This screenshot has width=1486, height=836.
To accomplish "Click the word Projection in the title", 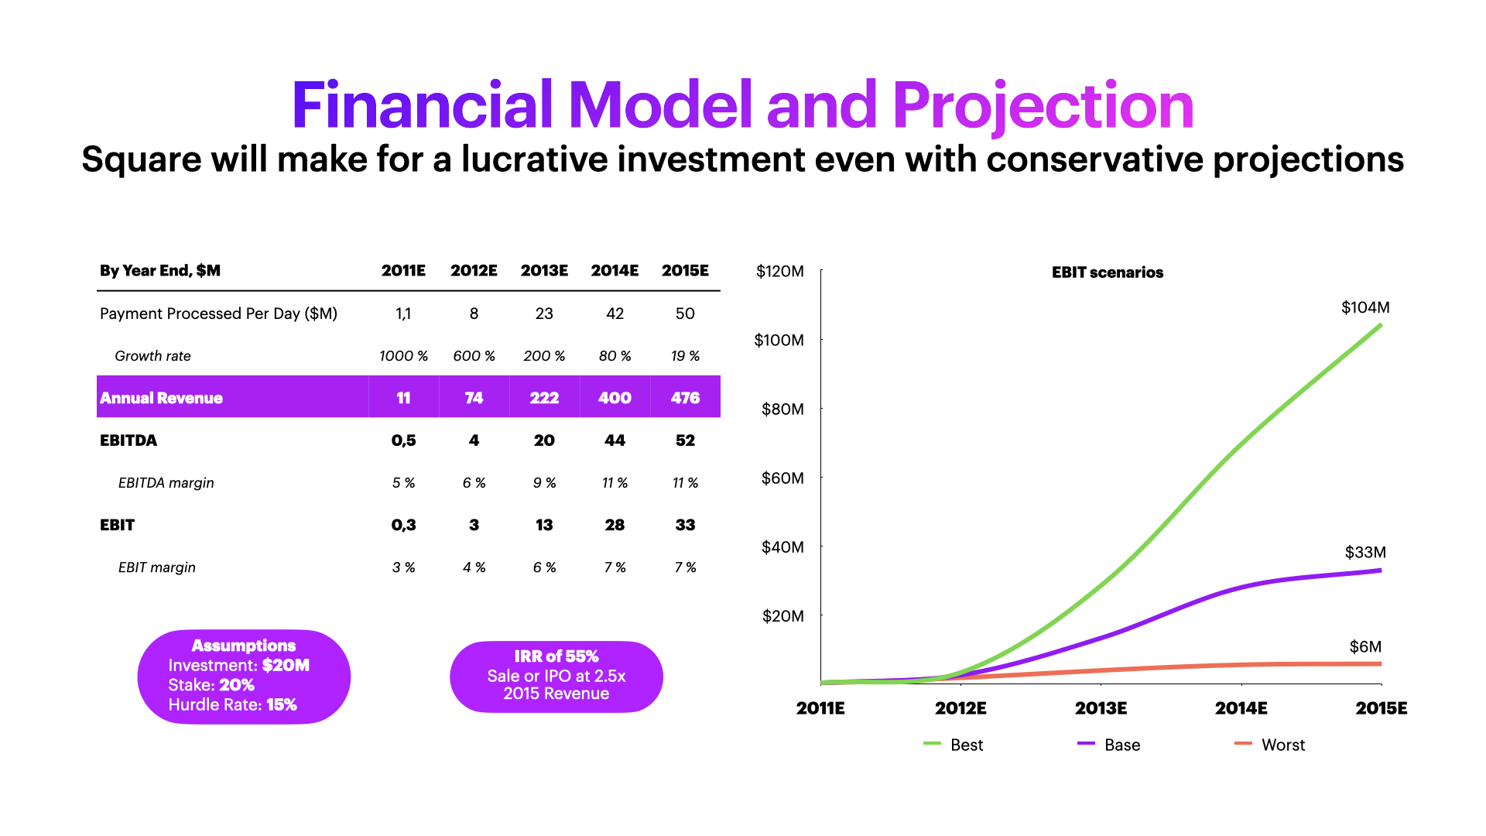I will (1043, 106).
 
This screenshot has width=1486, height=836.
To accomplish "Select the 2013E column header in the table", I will (544, 270).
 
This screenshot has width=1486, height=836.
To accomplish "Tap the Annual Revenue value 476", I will (685, 398).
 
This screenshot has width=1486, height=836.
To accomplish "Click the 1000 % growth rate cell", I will (403, 356).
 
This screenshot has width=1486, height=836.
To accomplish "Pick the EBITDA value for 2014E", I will (615, 440).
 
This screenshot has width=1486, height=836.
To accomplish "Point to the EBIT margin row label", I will (156, 567).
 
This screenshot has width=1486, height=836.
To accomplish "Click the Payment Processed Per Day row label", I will (218, 313).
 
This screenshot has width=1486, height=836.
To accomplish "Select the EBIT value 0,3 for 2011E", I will (403, 525).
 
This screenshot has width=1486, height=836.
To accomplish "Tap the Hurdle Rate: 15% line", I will (233, 704).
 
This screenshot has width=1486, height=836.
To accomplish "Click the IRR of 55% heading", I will (556, 656).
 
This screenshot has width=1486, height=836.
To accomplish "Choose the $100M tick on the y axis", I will (779, 340).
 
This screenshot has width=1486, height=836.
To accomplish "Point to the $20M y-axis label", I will (782, 616).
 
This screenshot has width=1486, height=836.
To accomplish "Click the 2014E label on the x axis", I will (1241, 708).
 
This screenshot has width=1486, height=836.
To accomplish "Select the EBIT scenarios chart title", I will (1107, 272).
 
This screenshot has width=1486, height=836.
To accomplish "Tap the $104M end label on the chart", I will (1365, 307).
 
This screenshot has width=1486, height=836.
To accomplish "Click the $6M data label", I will (1365, 646).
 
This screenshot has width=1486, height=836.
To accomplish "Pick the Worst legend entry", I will (1282, 745).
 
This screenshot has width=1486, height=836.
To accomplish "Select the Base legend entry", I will (1121, 745).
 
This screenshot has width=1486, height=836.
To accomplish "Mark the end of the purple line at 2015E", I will (1380, 570).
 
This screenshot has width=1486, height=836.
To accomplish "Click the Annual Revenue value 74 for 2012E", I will (474, 398).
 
